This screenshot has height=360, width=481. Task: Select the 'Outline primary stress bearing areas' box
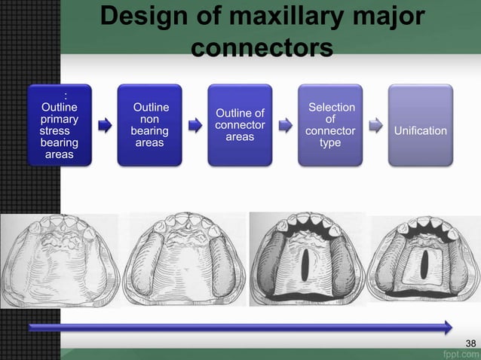pyautogui.click(x=59, y=125)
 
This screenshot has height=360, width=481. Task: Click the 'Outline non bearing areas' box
pyautogui.click(x=149, y=125)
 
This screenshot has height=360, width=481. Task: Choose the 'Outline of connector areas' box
pyautogui.click(x=240, y=125)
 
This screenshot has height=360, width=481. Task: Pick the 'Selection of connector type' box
pyautogui.click(x=330, y=125)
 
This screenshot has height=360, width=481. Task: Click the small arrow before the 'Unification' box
pyautogui.click(x=375, y=125)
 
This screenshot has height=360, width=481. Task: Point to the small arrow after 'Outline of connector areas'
pyautogui.click(x=285, y=125)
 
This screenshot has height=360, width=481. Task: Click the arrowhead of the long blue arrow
pyautogui.click(x=448, y=328)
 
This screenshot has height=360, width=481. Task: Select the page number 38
pyautogui.click(x=470, y=344)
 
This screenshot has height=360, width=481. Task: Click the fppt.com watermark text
pyautogui.click(x=459, y=353)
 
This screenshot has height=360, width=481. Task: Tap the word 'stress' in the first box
pyautogui.click(x=54, y=130)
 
